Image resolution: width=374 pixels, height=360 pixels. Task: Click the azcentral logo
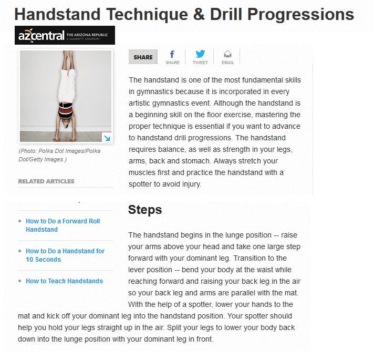[65, 35]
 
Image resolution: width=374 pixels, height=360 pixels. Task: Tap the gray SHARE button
[143, 57]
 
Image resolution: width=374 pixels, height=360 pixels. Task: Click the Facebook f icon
[172, 54]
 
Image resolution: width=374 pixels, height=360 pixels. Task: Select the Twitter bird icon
[200, 54]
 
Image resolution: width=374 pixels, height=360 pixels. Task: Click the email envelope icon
[227, 54]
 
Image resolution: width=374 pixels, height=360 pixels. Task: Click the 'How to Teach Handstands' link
[64, 281]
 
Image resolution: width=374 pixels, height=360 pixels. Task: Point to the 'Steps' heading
[145, 210]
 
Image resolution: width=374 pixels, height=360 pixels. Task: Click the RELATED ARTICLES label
[46, 181]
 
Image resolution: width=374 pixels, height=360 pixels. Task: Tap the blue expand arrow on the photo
[107, 138]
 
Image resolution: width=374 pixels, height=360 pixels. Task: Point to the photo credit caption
[59, 155]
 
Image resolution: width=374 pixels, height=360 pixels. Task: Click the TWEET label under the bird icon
[200, 63]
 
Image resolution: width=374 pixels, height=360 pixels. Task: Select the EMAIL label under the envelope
[227, 63]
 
